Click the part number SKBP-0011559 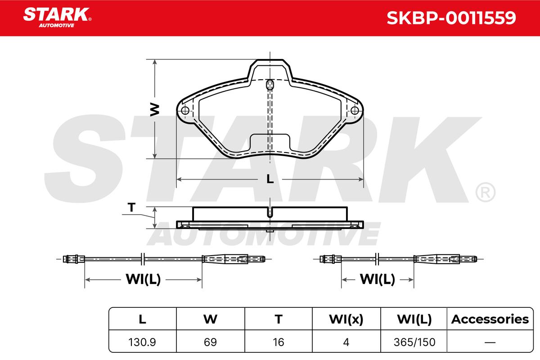(x=451, y=18)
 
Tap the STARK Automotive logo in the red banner (x=57, y=18)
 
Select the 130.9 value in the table (x=142, y=342)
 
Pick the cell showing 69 (x=210, y=342)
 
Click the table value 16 (x=279, y=342)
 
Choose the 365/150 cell (x=414, y=342)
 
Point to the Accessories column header (x=490, y=319)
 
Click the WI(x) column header (x=346, y=319)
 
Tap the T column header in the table (x=279, y=319)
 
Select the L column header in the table (x=143, y=319)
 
